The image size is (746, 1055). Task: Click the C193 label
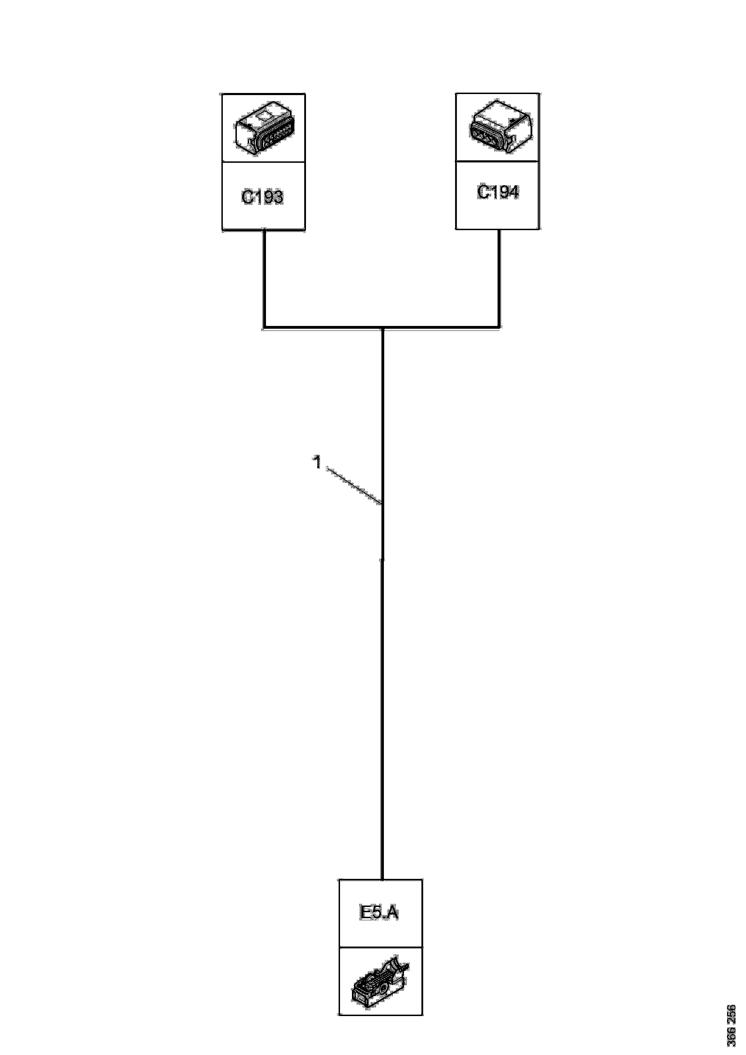click(262, 197)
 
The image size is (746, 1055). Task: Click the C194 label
click(498, 192)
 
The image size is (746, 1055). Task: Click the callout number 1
click(317, 462)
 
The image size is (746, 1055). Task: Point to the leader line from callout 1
click(354, 486)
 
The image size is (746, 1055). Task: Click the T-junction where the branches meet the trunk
click(382, 328)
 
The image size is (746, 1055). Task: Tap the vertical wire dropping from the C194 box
click(500, 278)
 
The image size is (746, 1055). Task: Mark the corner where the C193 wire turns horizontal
click(264, 328)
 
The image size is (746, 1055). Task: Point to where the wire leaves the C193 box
click(264, 230)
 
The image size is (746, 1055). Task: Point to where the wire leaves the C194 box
click(500, 229)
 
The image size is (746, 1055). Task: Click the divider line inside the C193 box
click(264, 162)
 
